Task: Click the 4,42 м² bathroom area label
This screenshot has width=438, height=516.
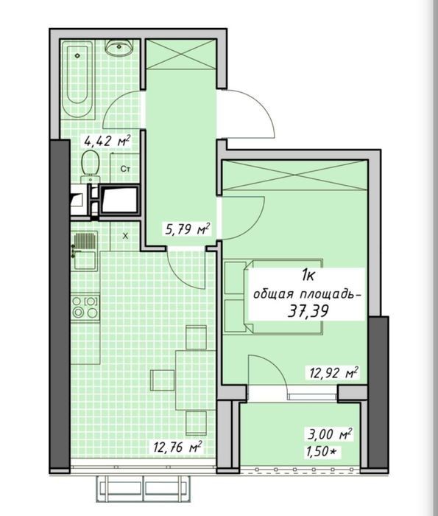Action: click(107, 142)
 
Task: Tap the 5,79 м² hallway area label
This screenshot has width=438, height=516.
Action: click(187, 229)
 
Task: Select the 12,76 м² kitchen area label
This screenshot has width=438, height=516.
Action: click(177, 447)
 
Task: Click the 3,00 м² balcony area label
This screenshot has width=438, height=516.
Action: click(330, 434)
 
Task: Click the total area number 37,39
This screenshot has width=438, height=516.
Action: click(308, 310)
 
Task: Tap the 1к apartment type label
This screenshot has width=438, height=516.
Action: click(308, 276)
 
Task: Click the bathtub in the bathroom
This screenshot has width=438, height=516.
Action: click(77, 80)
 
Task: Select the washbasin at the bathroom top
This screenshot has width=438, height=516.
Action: click(119, 47)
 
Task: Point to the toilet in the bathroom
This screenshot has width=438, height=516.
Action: click(91, 166)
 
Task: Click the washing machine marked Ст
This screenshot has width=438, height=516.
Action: click(124, 169)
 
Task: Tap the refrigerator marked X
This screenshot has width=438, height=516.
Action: click(125, 236)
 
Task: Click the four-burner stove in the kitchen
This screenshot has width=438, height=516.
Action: click(85, 307)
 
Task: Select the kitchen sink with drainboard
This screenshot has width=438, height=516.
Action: click(85, 251)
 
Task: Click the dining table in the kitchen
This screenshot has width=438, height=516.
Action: click(196, 380)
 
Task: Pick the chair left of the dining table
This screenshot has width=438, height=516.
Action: click(163, 380)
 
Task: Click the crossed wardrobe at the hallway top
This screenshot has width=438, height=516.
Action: click(180, 55)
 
